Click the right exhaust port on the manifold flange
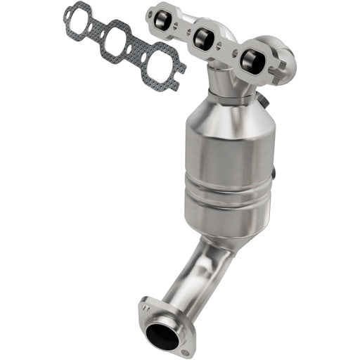point(251,60)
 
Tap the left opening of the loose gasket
point(79,20)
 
